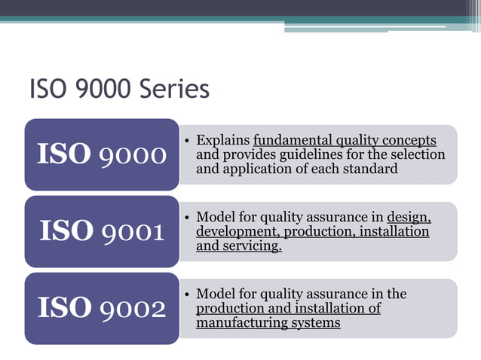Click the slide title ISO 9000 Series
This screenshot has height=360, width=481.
tap(118, 90)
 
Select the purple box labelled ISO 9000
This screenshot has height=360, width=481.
tap(102, 154)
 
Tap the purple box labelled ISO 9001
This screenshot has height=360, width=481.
tap(102, 231)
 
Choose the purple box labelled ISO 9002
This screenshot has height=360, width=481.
tap(102, 308)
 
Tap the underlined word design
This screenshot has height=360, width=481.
tap(409, 218)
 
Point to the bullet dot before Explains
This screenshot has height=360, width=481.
tap(187, 141)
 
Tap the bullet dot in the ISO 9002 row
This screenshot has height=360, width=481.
tap(187, 294)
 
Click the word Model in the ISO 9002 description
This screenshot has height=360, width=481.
tap(214, 294)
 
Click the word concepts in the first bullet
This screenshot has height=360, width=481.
tap(409, 140)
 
